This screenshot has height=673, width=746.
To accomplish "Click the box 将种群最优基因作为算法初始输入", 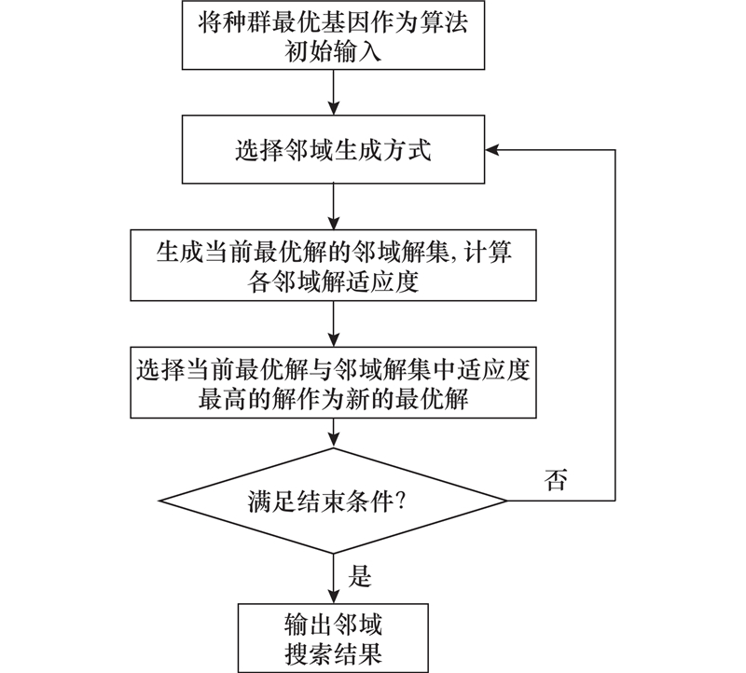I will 334,36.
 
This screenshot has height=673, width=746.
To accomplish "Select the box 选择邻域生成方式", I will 334,150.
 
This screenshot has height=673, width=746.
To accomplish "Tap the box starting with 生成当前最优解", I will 334,265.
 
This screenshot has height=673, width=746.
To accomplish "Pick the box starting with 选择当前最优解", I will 334,382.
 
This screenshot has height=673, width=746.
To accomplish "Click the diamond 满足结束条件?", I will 334,501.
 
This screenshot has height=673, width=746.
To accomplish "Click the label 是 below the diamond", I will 359,577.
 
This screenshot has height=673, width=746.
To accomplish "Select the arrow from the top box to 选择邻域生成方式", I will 334,93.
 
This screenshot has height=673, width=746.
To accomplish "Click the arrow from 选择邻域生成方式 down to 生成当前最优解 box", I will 334,206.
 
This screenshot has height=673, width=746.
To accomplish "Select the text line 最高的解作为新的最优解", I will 334,399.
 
